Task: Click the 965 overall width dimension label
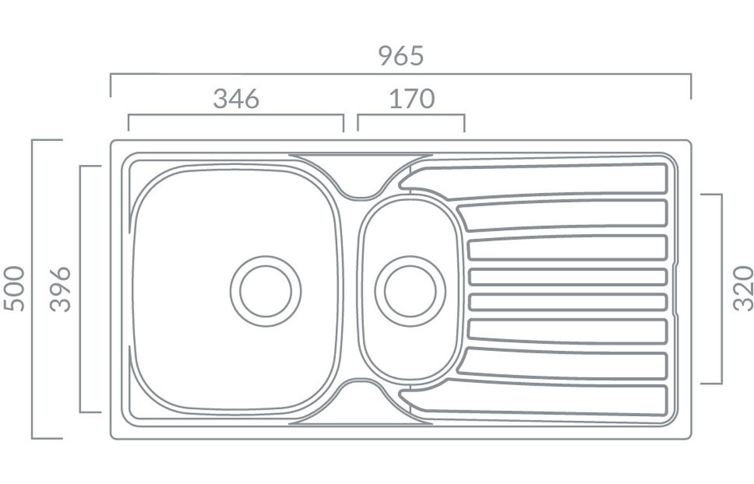(401, 55)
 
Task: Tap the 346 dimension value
(236, 98)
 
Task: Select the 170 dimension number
(412, 98)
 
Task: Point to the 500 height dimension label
(14, 289)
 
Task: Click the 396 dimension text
(60, 289)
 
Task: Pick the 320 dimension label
(743, 289)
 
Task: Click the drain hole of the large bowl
(265, 292)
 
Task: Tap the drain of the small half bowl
(410, 292)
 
